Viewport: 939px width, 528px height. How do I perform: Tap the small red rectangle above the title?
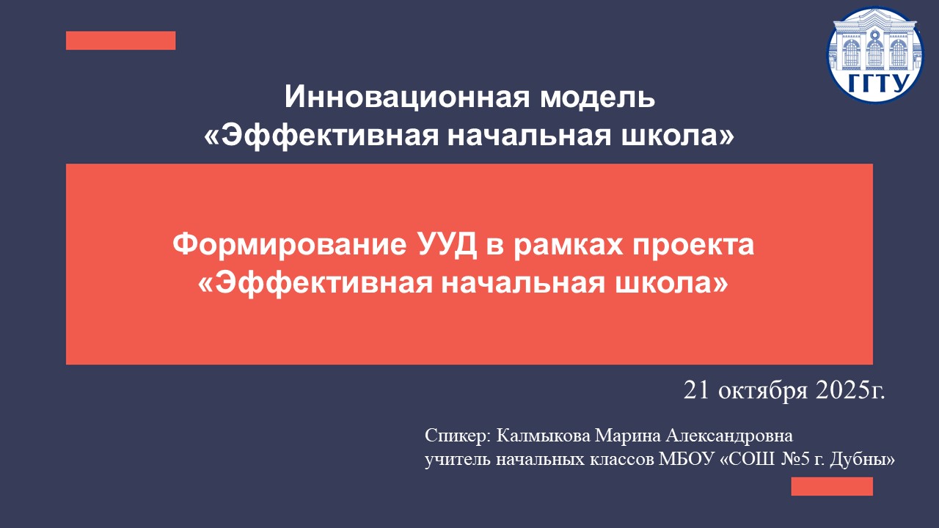pyautogui.click(x=120, y=40)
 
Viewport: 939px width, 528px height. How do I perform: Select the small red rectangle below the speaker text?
pyautogui.click(x=832, y=486)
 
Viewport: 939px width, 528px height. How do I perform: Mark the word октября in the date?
pyautogui.click(x=760, y=390)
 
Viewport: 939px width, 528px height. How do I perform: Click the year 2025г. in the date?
pyautogui.click(x=850, y=390)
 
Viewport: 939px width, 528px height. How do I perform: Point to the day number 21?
pyautogui.click(x=695, y=390)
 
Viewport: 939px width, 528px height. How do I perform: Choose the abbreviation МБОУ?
pyautogui.click(x=689, y=461)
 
